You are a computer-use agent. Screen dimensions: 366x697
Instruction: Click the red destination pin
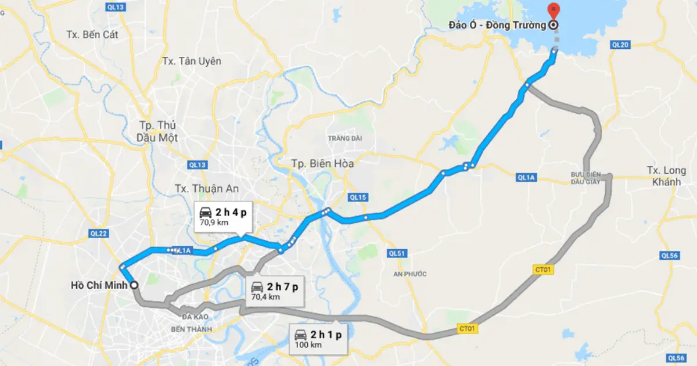click(x=554, y=9)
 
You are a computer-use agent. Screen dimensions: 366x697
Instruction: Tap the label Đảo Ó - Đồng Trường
click(x=497, y=25)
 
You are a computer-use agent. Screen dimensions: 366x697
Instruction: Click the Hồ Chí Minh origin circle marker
click(x=134, y=285)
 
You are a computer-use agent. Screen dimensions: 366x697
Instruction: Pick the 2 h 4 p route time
click(x=230, y=213)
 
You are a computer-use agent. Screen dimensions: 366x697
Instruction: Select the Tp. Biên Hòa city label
click(x=322, y=164)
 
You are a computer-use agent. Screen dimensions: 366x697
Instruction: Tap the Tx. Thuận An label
click(x=207, y=188)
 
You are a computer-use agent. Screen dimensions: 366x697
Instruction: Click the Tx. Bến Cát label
click(x=92, y=34)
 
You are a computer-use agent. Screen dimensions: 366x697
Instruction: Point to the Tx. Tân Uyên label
click(x=192, y=61)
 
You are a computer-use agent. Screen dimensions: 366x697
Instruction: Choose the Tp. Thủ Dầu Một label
click(x=158, y=131)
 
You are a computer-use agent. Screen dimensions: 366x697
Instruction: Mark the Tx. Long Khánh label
click(x=666, y=176)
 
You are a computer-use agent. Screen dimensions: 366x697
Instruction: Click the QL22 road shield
click(x=99, y=234)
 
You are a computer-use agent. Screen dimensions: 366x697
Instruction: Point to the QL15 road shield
click(x=358, y=198)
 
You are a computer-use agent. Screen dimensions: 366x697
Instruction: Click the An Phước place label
click(x=409, y=274)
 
